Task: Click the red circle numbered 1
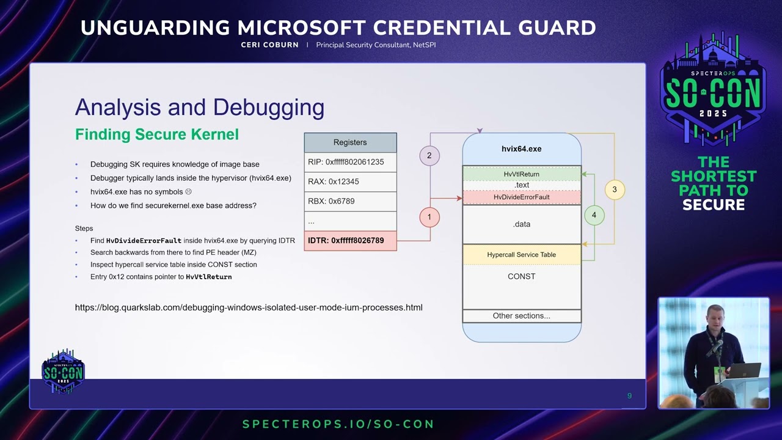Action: click(x=429, y=217)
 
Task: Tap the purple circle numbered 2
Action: click(x=429, y=156)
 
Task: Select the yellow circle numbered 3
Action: click(x=615, y=189)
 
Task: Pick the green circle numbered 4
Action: click(x=594, y=215)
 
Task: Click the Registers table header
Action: click(x=350, y=142)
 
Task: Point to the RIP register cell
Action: click(x=350, y=162)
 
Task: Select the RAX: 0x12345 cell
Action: click(x=350, y=182)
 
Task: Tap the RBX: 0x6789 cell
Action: click(x=350, y=201)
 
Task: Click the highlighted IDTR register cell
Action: click(x=350, y=241)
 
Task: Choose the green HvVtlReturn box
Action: click(x=522, y=174)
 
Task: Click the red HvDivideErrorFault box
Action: click(x=522, y=197)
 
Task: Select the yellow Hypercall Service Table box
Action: click(x=522, y=255)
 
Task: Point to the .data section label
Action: click(x=522, y=224)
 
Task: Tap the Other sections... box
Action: click(x=522, y=316)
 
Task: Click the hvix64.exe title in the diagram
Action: click(x=522, y=148)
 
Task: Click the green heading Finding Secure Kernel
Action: click(x=157, y=134)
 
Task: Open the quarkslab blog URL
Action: click(x=249, y=307)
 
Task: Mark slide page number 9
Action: click(x=629, y=395)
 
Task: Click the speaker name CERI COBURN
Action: click(x=270, y=45)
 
